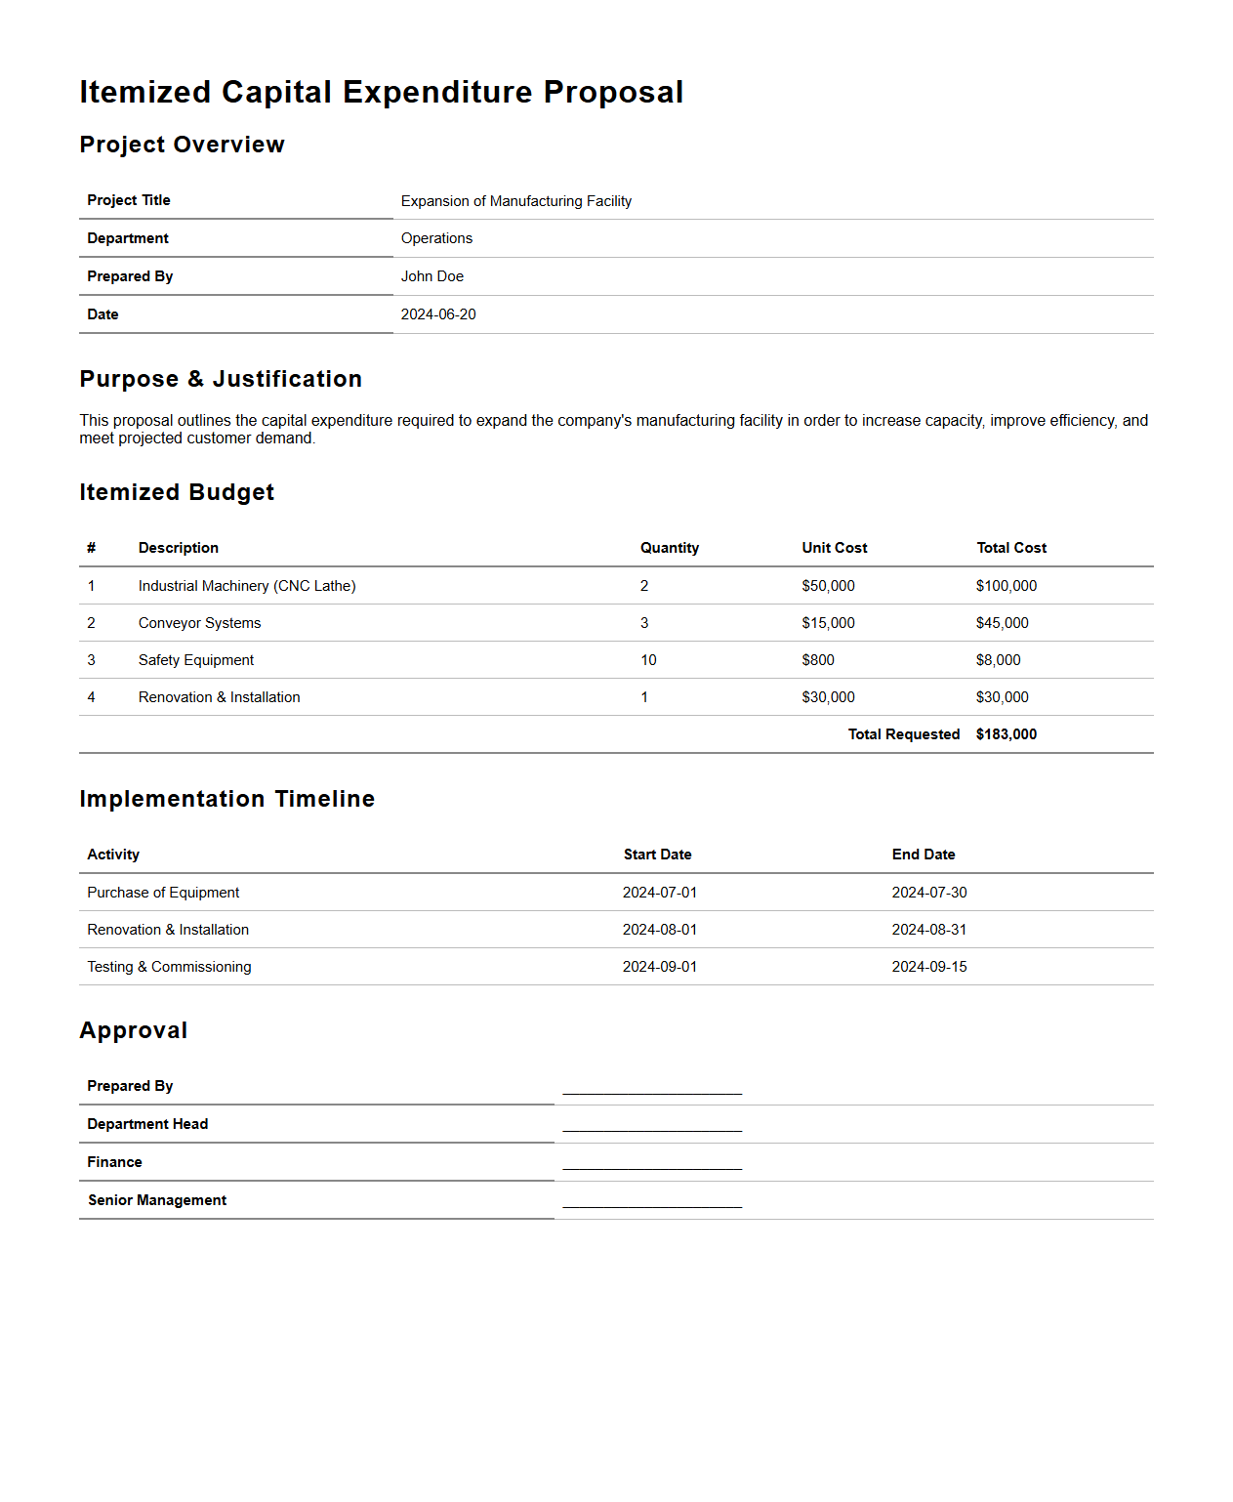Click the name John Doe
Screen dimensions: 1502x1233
pyautogui.click(x=432, y=276)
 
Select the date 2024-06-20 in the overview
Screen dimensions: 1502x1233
pyautogui.click(x=438, y=314)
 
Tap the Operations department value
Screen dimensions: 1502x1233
pyautogui.click(x=436, y=238)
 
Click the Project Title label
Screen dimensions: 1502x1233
pyautogui.click(x=129, y=200)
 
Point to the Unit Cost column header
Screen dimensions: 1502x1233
pyautogui.click(x=834, y=548)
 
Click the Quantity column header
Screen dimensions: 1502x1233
pyautogui.click(x=669, y=548)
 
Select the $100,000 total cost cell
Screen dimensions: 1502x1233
pyautogui.click(x=1006, y=586)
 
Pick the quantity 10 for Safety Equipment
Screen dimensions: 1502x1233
pyautogui.click(x=648, y=660)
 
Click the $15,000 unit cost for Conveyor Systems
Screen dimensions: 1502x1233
pyautogui.click(x=828, y=623)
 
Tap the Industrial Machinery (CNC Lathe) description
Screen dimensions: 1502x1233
pyautogui.click(x=247, y=586)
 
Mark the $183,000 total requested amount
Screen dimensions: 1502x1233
pyautogui.click(x=1006, y=734)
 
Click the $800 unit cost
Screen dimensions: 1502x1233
pyautogui.click(x=818, y=660)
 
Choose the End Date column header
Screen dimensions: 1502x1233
pyautogui.click(x=923, y=855)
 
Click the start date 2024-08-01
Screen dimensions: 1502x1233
pyautogui.click(x=660, y=930)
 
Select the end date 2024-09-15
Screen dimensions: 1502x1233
pyautogui.click(x=928, y=967)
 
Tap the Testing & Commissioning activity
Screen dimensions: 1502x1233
pyautogui.click(x=169, y=967)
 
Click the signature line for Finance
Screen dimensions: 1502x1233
pyautogui.click(x=652, y=1164)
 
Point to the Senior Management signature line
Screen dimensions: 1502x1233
pyautogui.click(x=652, y=1202)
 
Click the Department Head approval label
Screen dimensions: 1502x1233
pyautogui.click(x=147, y=1124)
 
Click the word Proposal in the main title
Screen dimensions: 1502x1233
pyautogui.click(x=613, y=92)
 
